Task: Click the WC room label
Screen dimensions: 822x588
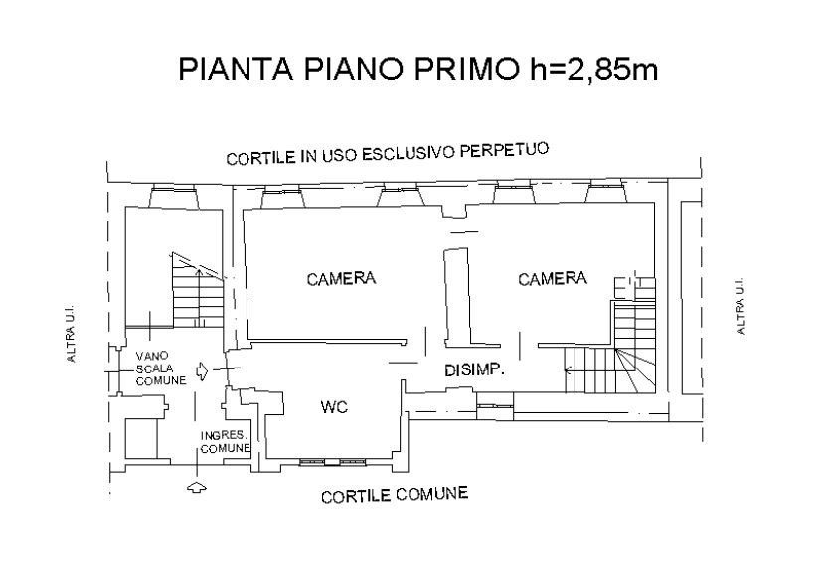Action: (334, 406)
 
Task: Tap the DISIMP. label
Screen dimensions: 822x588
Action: (474, 370)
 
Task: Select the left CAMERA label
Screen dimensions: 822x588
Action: (341, 279)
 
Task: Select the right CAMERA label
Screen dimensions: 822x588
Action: (553, 278)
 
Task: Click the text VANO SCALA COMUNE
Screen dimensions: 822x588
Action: (160, 368)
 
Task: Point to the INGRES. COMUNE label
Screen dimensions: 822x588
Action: (226, 442)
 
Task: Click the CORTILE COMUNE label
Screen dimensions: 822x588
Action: (395, 495)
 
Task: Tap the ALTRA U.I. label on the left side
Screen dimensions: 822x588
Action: (71, 334)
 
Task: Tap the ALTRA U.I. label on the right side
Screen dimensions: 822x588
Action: (740, 306)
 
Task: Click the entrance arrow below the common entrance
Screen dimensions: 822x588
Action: (197, 487)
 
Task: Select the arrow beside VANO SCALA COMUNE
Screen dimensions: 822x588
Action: (202, 371)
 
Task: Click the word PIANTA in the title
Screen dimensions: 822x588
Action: (236, 69)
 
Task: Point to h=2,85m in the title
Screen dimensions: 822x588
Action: (593, 69)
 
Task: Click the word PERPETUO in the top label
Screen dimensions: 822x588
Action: (504, 150)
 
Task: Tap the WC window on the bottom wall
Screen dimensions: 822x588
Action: (332, 462)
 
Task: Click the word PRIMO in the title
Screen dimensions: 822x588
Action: (466, 69)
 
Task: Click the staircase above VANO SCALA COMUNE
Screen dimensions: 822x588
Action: (198, 290)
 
